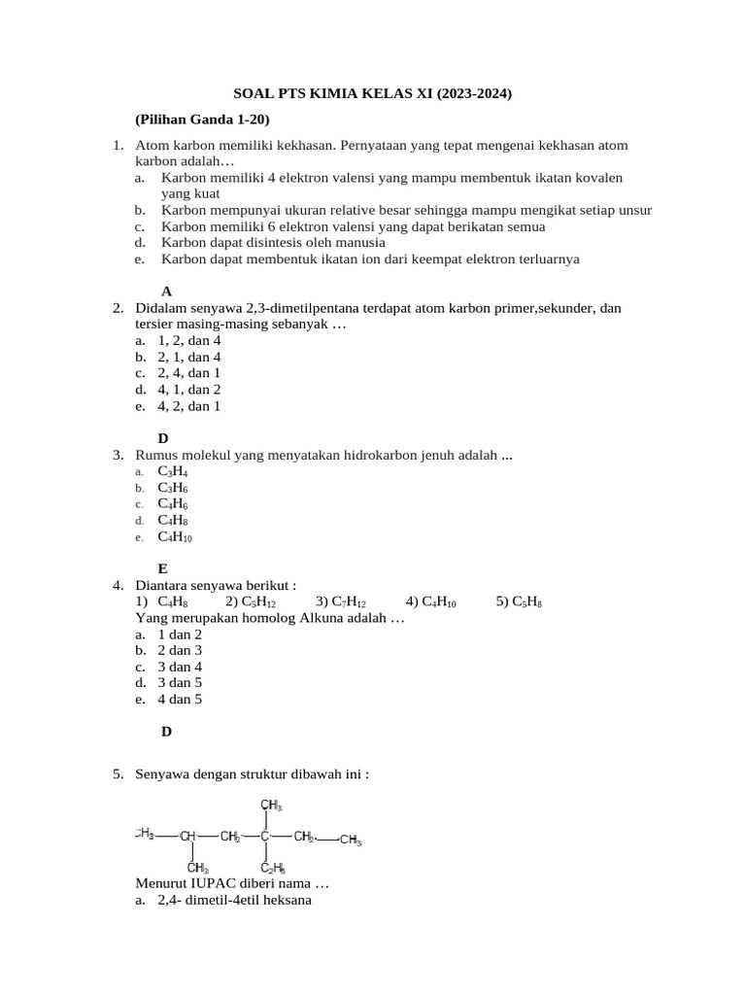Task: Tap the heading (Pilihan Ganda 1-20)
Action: point(202,119)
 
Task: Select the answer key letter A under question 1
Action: point(166,291)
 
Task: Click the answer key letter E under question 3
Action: point(163,567)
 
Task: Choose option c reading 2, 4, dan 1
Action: point(188,373)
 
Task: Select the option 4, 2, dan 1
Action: point(188,406)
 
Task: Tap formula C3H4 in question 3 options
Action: point(172,471)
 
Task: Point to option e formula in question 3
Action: point(175,536)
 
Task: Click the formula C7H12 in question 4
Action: point(348,601)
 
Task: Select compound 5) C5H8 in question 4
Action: point(519,601)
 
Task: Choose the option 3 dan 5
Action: point(180,683)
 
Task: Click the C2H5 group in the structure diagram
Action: point(272,868)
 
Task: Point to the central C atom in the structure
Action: point(264,836)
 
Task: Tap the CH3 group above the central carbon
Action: point(271,805)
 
